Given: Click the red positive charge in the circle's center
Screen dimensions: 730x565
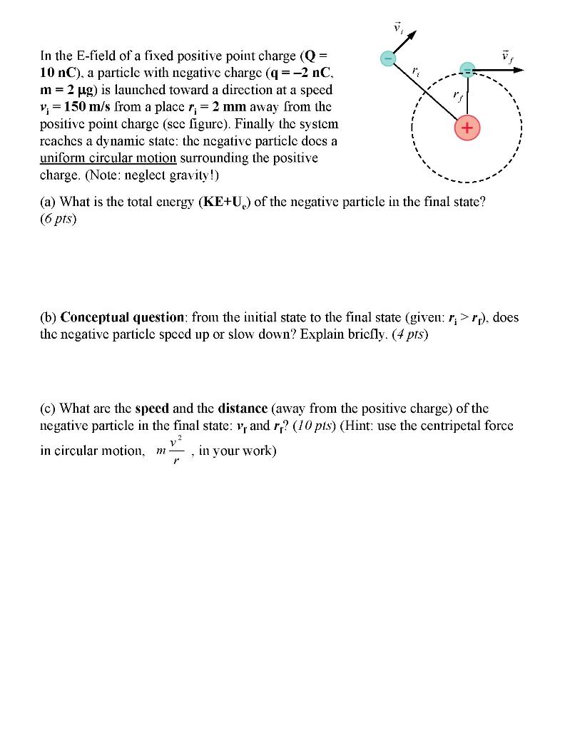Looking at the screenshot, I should [x=467, y=128].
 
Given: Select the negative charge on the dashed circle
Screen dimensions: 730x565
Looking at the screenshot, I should [x=467, y=71].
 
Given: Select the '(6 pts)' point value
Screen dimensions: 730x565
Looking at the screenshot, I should [x=58, y=219].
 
